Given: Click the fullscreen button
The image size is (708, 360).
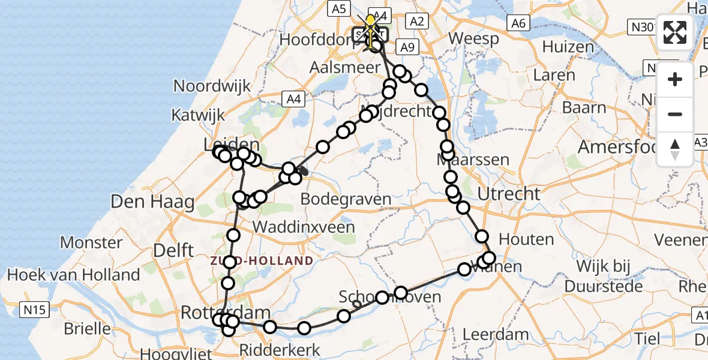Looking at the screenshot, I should [675, 32].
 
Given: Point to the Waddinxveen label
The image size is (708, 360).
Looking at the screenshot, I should [304, 227].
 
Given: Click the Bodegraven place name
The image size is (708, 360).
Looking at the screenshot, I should [346, 199].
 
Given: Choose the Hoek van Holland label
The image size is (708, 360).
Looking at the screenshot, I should [73, 275].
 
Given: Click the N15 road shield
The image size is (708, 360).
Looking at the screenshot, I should [34, 310].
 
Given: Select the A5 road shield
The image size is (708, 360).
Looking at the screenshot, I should [339, 8].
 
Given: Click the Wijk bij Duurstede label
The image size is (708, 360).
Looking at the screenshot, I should [618, 274].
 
